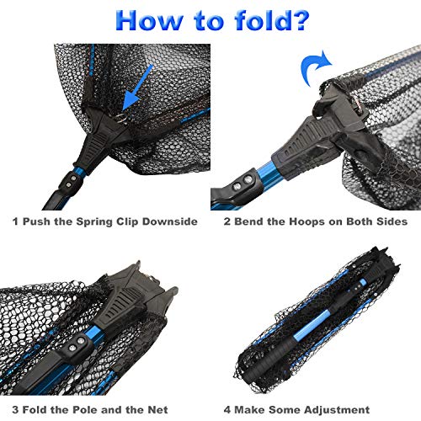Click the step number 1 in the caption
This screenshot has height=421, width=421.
pos(15,221)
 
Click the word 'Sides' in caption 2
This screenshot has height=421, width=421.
pos(392,221)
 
